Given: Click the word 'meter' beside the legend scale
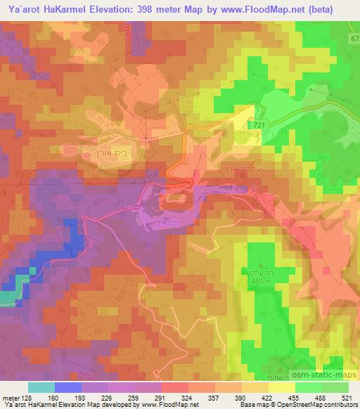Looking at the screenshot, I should [x=10, y=397].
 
